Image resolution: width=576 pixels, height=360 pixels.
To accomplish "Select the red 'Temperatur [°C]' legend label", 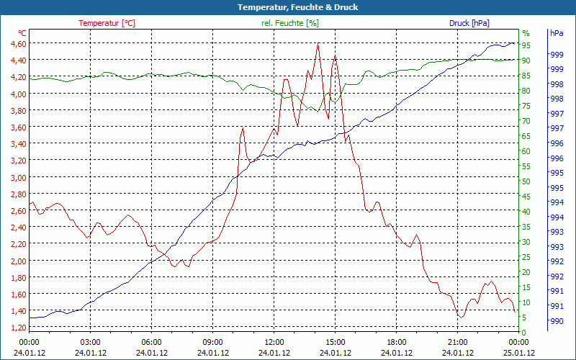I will tap(107, 23).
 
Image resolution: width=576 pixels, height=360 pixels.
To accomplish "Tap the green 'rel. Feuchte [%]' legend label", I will tap(289, 23).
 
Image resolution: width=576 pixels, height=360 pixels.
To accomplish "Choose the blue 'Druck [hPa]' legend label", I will tap(469, 23).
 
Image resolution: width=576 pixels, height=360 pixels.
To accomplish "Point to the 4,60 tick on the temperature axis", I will tap(18, 44).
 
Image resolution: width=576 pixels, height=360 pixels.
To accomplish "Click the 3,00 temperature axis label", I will tap(18, 178).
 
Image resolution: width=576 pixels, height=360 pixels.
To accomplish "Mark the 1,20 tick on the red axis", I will tap(18, 328).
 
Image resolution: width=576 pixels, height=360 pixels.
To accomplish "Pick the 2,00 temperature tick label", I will tap(18, 261).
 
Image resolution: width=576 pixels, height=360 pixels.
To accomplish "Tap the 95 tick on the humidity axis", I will tap(526, 45).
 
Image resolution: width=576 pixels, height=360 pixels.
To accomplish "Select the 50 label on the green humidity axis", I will tap(526, 181).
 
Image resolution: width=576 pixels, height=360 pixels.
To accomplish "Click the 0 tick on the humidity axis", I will tap(524, 332).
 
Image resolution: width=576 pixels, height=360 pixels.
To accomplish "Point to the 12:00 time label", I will tap(274, 342).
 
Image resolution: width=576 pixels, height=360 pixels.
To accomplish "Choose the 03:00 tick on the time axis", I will tap(90, 342).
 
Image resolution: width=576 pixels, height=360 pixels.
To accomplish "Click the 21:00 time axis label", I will tap(458, 342).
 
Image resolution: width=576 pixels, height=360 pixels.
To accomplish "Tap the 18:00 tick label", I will tap(397, 342).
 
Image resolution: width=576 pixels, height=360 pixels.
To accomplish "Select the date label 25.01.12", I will tap(519, 353).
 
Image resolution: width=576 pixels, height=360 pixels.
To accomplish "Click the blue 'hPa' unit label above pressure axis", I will tap(556, 33).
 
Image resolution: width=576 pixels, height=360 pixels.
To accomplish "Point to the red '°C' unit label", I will tap(22, 33).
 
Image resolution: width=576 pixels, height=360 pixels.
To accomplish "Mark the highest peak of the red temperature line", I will tap(318, 44).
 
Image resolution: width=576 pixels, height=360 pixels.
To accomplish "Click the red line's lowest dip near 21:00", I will tap(461, 317).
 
